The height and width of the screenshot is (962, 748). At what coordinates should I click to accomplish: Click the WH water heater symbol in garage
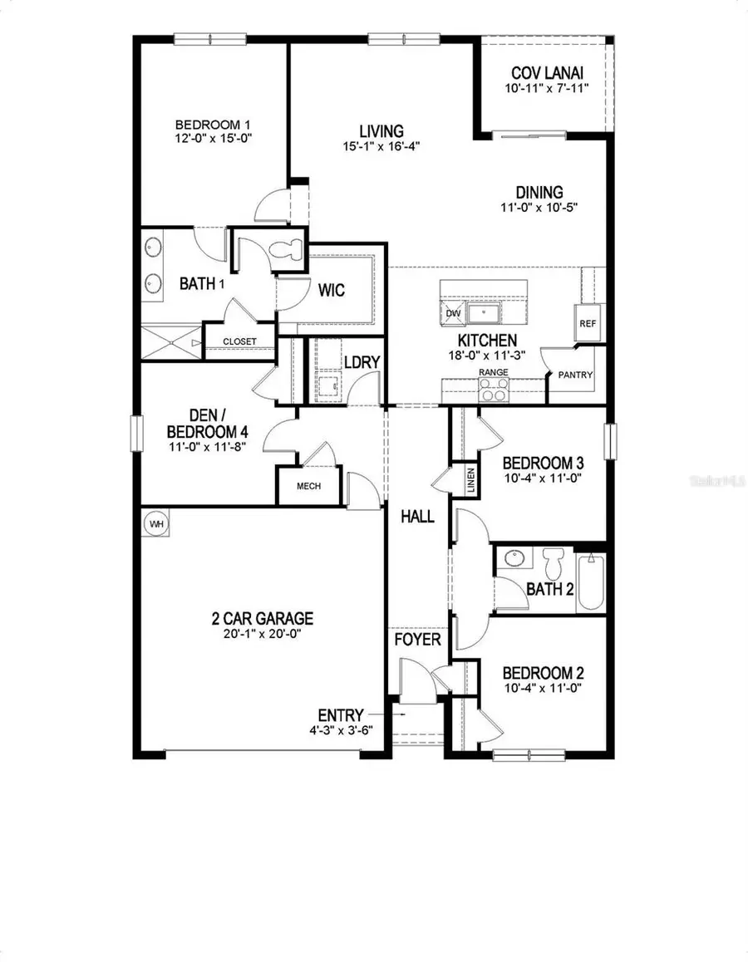tap(155, 524)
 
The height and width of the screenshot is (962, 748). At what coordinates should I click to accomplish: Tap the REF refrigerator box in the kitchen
tap(587, 323)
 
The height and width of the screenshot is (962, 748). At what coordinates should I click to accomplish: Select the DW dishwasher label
tap(453, 313)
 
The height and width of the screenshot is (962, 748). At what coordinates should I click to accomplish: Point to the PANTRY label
tap(576, 375)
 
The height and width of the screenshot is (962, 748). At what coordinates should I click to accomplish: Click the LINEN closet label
tap(470, 479)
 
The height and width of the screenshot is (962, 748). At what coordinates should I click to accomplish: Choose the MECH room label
tap(303, 487)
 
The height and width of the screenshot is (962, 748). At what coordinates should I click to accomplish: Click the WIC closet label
tap(331, 291)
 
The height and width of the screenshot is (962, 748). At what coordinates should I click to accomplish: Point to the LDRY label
tap(362, 361)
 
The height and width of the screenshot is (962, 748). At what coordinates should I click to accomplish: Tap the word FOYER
tap(418, 641)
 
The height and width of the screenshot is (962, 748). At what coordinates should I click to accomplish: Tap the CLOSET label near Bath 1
tap(239, 341)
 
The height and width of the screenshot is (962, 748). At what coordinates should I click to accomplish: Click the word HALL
tap(418, 517)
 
